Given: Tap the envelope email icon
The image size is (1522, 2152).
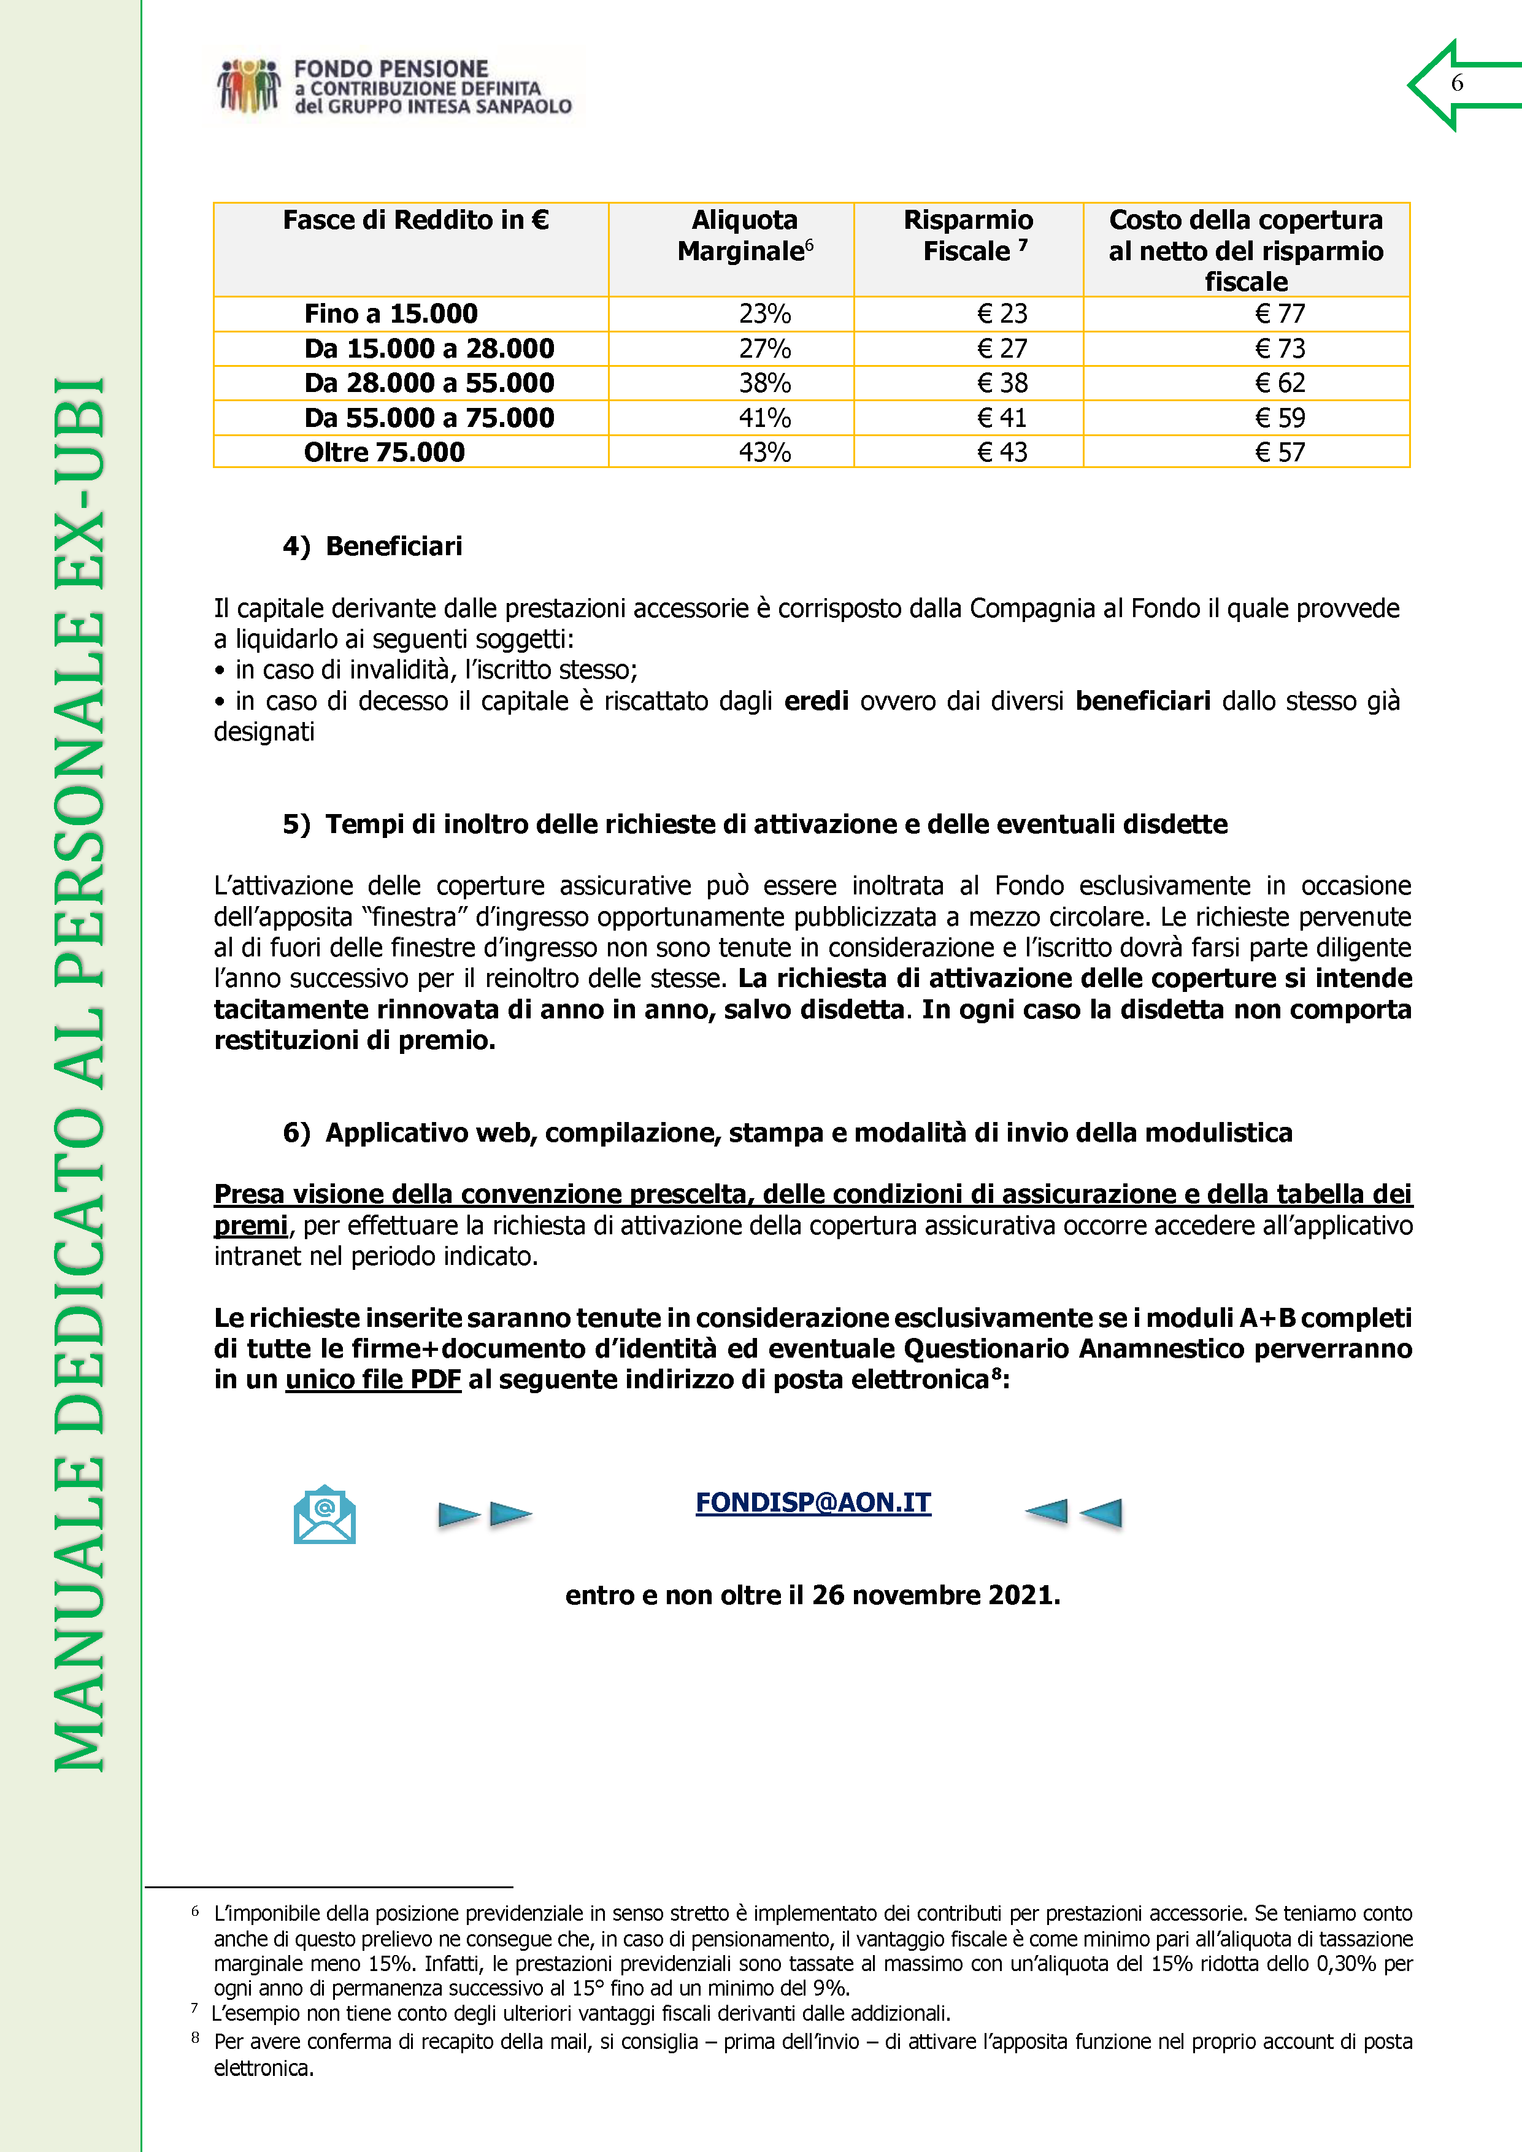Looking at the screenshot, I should tap(325, 1514).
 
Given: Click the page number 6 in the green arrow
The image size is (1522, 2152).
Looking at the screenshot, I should tap(1456, 83).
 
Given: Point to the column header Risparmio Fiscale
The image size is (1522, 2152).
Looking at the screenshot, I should tap(968, 235).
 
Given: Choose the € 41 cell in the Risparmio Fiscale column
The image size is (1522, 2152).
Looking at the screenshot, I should tap(1002, 418).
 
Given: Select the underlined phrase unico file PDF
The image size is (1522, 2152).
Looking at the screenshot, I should tap(373, 1380).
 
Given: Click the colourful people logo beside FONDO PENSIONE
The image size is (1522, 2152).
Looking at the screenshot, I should tap(249, 86).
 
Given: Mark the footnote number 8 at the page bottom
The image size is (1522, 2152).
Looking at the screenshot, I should tap(195, 2038).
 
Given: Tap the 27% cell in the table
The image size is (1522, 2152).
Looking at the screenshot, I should tap(765, 348).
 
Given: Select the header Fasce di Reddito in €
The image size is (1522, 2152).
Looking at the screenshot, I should tap(415, 220).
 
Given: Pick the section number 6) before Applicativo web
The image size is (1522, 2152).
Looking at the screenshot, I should tap(296, 1133).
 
